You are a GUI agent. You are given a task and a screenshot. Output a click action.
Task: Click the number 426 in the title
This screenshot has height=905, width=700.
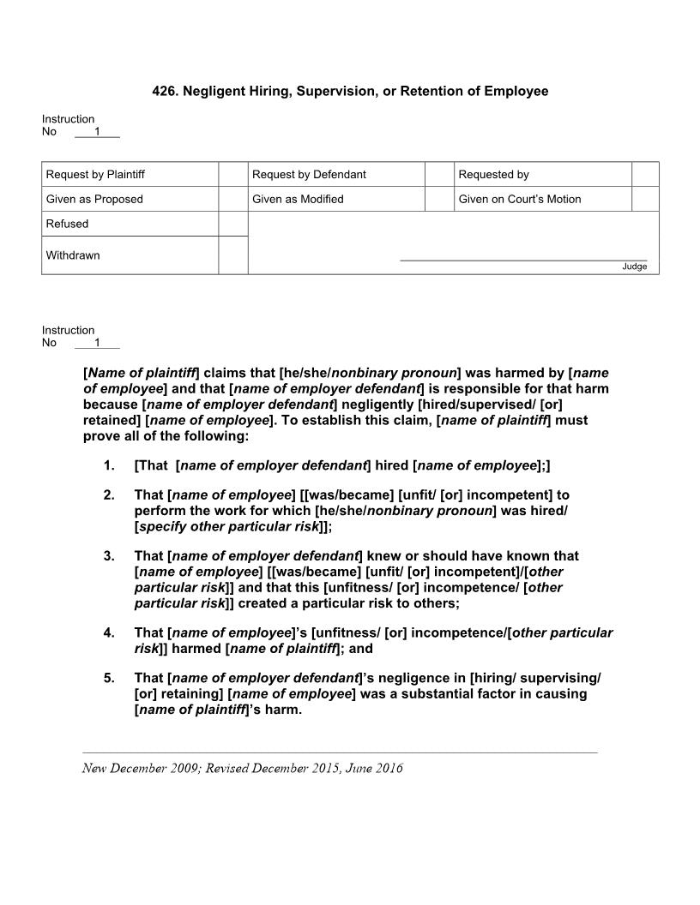pos(164,91)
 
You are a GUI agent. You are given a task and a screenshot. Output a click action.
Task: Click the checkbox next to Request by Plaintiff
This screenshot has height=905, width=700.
pos(232,174)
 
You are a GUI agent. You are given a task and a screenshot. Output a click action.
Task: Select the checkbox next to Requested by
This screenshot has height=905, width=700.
pos(645,174)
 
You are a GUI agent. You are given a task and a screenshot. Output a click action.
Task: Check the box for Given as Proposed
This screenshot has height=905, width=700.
pos(232,199)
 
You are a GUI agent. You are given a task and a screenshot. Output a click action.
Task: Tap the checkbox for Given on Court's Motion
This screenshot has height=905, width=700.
pos(645,199)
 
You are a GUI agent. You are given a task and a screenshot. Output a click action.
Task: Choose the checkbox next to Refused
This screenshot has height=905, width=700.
pos(232,224)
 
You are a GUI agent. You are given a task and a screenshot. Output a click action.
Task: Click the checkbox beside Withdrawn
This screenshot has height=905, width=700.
pos(232,255)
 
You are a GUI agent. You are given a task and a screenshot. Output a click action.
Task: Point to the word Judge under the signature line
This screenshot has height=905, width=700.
pos(634,267)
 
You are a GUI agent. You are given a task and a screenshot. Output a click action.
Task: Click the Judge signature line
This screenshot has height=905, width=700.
pos(523,259)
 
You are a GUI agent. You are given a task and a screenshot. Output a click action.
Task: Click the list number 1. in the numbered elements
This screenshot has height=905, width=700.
pos(109,465)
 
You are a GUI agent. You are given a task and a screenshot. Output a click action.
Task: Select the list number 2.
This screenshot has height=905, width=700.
pos(109,495)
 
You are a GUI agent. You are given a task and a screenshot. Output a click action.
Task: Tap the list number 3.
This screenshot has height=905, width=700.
pos(109,556)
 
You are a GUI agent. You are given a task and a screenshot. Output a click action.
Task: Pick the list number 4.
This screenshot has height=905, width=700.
pos(109,633)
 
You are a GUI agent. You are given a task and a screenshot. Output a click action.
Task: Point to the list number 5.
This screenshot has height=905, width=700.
pos(109,679)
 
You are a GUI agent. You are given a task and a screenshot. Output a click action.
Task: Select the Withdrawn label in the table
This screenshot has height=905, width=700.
pos(73,255)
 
